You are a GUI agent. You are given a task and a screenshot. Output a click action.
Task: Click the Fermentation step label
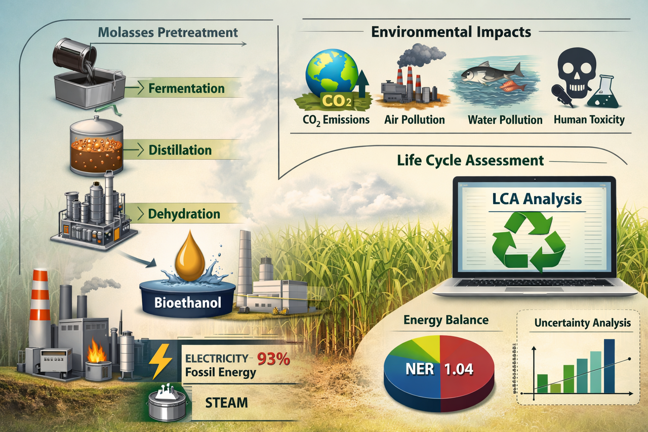186,89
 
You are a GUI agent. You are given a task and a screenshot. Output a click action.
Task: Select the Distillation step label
180,150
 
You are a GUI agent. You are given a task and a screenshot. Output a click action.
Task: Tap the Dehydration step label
184,214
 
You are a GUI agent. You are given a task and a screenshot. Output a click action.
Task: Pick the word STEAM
226,403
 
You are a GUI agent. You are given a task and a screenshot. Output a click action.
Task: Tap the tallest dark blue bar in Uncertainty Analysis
610,366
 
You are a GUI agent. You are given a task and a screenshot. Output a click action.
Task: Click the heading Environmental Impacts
451,32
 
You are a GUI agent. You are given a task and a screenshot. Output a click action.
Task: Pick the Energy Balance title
439,320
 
